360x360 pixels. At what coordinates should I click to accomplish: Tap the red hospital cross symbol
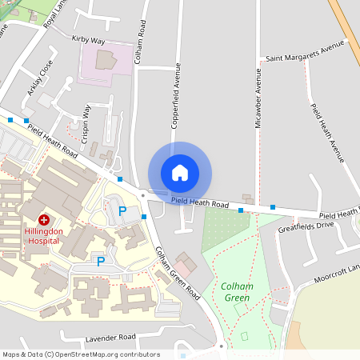[43, 219]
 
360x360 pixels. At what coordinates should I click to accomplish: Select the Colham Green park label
[237, 292]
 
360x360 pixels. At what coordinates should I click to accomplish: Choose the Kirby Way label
[88, 38]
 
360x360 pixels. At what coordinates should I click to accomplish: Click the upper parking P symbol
[122, 211]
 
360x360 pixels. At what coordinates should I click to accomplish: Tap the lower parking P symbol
[101, 261]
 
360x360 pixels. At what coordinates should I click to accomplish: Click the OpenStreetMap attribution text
[80, 354]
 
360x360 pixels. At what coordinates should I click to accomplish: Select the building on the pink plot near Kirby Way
[105, 59]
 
